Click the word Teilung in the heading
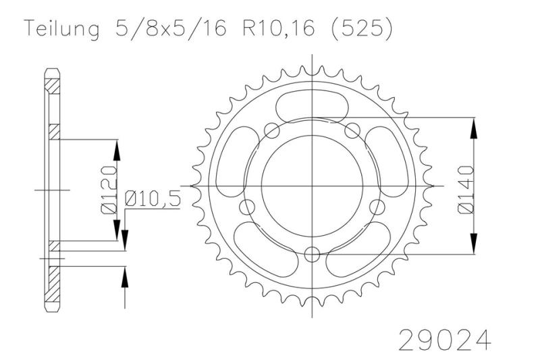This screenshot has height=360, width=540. pos(61,29)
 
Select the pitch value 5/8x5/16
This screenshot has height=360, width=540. pos(171,28)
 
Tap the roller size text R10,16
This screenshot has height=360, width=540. pos(279,28)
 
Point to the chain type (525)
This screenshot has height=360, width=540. pos(361,28)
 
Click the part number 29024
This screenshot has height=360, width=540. pos(445,340)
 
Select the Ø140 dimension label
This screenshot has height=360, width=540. pos(466,190)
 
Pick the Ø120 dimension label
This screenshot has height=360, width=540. pos(109,190)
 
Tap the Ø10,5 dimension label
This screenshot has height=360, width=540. pos(153,199)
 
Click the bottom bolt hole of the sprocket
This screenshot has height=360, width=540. pos(313,254)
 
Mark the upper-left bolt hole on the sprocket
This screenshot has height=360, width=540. pos(272,130)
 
